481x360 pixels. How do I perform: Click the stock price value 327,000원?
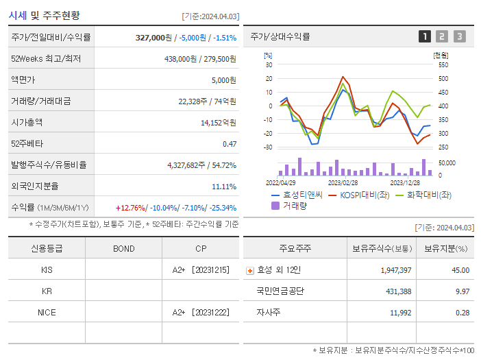(154, 38)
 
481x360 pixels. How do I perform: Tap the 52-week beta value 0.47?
(230, 144)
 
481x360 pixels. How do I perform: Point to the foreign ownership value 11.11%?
(224, 187)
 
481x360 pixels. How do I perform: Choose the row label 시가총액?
(27, 123)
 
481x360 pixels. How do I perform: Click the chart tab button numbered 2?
(442, 36)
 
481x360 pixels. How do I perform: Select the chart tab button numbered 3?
(459, 36)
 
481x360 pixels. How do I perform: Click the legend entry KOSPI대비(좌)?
(365, 195)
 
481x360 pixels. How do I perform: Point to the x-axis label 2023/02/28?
(343, 183)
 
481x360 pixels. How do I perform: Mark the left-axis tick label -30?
(267, 147)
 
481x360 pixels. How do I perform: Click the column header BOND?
(123, 248)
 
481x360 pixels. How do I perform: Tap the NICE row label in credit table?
(47, 313)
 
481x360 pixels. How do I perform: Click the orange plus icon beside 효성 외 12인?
(250, 270)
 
